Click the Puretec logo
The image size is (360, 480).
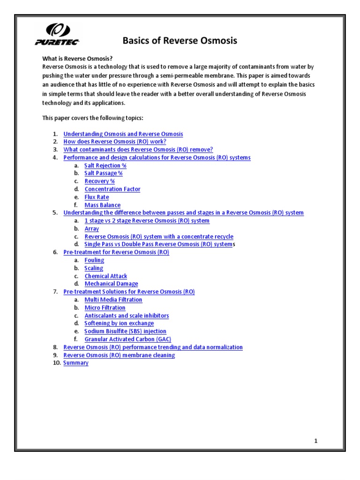pos(57,35)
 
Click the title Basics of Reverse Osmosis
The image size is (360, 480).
pos(180,41)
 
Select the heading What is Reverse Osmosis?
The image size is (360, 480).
pos(77,59)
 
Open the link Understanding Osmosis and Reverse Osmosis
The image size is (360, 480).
pos(123,134)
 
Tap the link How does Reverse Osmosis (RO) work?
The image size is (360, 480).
pos(115,142)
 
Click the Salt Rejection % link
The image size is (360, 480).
pos(105,165)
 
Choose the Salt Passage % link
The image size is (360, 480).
pos(104,173)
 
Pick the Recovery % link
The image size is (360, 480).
pos(99,181)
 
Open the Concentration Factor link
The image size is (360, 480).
pos(112,189)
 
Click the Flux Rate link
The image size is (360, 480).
pos(97,197)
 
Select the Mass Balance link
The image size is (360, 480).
pos(102,205)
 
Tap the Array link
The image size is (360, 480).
pos(92,229)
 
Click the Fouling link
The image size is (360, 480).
pos(94,260)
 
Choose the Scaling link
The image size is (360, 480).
pos(94,268)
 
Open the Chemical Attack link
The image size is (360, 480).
pos(106,276)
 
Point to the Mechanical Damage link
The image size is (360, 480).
pos(111,284)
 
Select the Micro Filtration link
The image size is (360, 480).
pos(105,307)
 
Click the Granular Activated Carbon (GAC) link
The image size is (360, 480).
pos(127,339)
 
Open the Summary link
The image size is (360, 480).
pos(76,363)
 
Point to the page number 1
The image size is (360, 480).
pos(316,441)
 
